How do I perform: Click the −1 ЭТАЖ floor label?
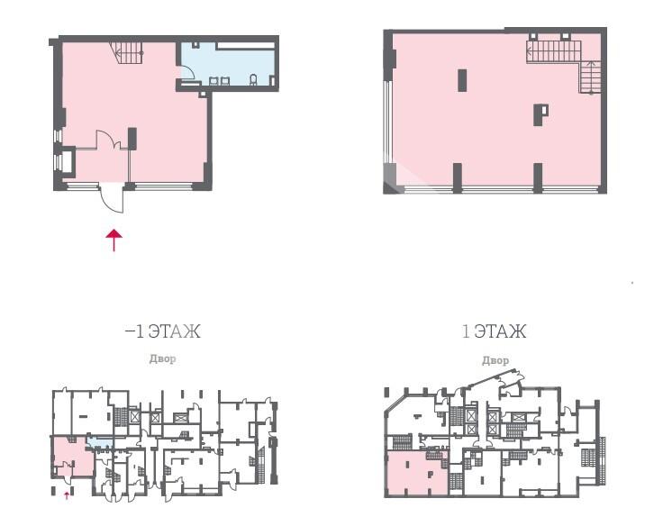(x=162, y=331)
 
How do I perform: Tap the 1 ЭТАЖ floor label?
(x=494, y=331)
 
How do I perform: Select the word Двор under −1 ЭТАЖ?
(x=162, y=359)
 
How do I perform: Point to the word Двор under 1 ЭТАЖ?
(x=495, y=360)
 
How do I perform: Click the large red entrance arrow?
(x=114, y=240)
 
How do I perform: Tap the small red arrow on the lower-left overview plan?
(x=67, y=496)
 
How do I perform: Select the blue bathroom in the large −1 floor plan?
(x=228, y=64)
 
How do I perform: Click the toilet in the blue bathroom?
(x=253, y=79)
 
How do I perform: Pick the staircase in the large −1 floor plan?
(x=127, y=52)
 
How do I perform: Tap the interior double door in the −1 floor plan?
(x=108, y=140)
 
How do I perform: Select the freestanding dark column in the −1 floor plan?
(x=132, y=139)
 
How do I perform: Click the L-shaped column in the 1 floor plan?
(x=541, y=114)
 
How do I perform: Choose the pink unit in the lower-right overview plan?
(x=417, y=473)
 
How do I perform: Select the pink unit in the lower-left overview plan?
(x=72, y=457)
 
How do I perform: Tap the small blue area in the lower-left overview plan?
(x=100, y=442)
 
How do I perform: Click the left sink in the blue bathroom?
(x=213, y=80)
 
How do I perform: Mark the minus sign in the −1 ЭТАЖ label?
(x=129, y=331)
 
